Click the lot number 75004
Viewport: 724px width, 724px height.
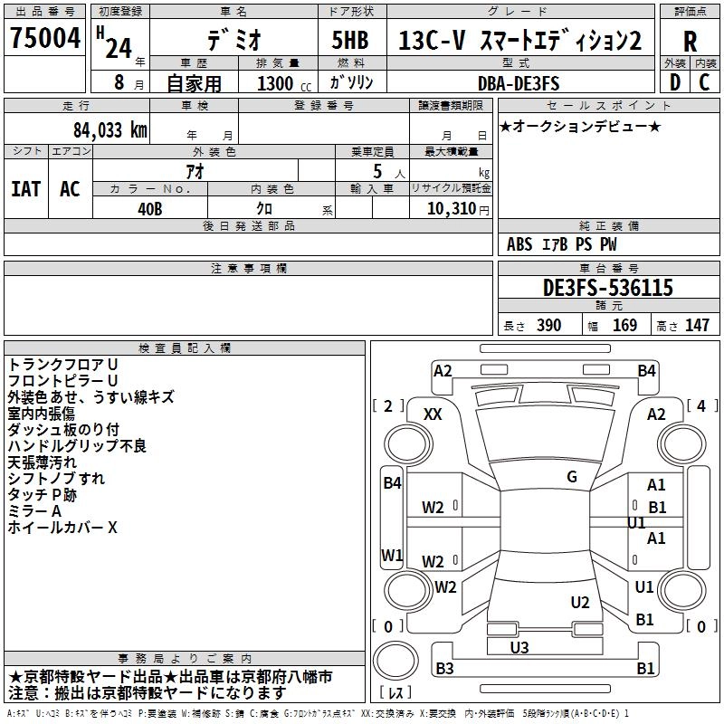(x=45, y=37)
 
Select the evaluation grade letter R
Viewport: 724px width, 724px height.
(x=690, y=42)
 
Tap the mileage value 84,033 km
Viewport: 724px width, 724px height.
(x=110, y=130)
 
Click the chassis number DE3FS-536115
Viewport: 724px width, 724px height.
(x=607, y=288)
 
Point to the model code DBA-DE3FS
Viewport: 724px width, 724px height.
(x=519, y=83)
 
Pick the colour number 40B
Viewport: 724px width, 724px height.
(x=150, y=209)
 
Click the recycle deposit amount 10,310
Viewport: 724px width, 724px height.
(x=452, y=209)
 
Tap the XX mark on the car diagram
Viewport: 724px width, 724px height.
(x=433, y=414)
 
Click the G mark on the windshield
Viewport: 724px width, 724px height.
(x=572, y=477)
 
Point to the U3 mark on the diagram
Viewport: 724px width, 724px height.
(x=519, y=647)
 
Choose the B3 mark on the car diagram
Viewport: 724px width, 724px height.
(x=444, y=668)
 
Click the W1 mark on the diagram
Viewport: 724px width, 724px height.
(x=392, y=555)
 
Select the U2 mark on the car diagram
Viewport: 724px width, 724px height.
(x=580, y=602)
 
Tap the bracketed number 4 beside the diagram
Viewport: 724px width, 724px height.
(x=701, y=405)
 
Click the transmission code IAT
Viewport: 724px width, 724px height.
(x=26, y=189)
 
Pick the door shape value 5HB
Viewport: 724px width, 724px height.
(x=350, y=40)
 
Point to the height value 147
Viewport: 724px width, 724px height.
(x=697, y=325)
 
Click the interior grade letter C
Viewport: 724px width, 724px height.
(x=704, y=82)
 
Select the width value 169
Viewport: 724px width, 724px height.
(x=624, y=325)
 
